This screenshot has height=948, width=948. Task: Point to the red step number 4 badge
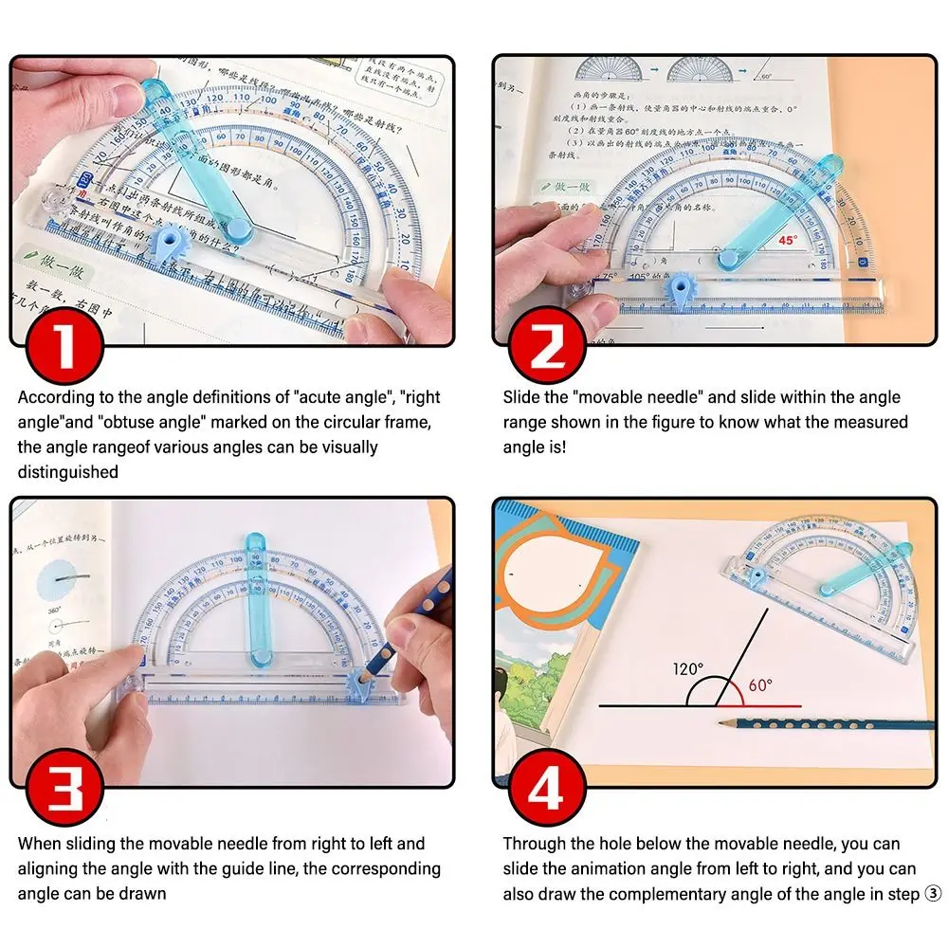point(546,790)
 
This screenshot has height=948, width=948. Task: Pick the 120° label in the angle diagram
point(688,668)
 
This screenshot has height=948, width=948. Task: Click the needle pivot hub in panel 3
point(257,655)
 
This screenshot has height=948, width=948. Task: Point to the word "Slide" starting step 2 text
point(522,397)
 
